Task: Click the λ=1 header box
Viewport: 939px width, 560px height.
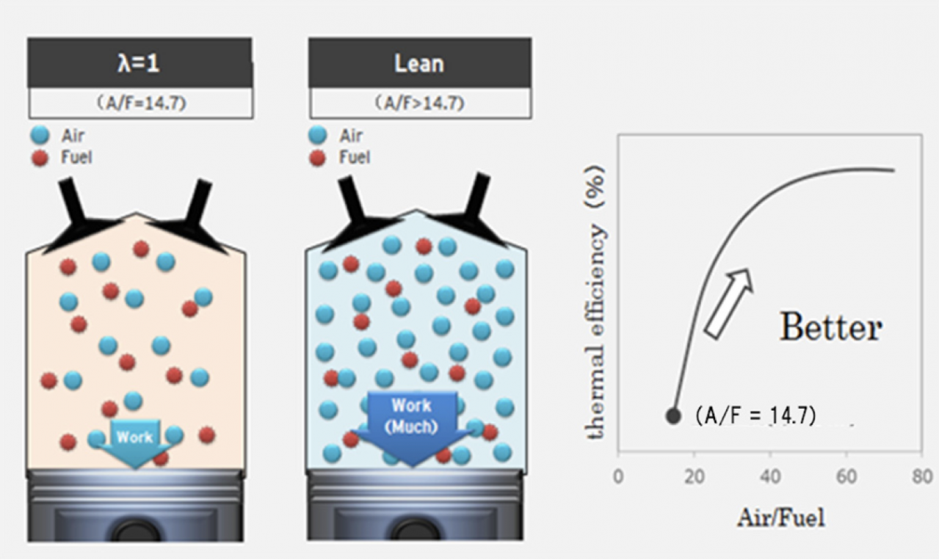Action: (139, 63)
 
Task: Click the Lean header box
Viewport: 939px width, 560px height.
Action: (419, 63)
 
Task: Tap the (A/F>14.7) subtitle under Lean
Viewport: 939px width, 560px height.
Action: (419, 103)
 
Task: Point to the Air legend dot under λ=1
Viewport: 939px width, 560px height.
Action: (40, 135)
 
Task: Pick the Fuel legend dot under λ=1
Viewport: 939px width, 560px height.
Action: (40, 157)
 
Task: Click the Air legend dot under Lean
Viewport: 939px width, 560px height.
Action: (318, 135)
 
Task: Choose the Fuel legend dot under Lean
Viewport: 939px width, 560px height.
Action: (318, 157)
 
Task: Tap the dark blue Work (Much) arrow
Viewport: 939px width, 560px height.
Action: (412, 426)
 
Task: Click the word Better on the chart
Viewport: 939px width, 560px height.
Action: (830, 327)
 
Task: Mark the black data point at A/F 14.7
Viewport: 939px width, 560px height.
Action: (673, 415)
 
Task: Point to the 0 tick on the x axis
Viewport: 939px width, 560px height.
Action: (618, 476)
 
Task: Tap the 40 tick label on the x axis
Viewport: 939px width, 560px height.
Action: (770, 476)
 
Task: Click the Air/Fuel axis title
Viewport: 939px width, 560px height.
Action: (780, 517)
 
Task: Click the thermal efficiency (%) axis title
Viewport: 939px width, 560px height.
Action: (598, 302)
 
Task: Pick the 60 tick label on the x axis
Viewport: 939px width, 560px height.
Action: (846, 476)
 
